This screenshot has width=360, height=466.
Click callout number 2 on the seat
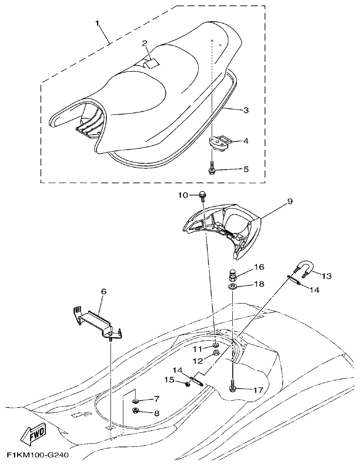tap(144, 43)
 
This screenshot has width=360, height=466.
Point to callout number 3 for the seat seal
tap(246, 110)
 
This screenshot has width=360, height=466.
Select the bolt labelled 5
tap(212, 169)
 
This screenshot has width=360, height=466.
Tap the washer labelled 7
tap(135, 401)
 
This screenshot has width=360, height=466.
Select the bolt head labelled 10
tap(202, 195)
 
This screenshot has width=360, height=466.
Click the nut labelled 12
tap(216, 353)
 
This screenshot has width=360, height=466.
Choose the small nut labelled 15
tap(187, 384)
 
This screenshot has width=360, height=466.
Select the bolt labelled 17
tap(232, 388)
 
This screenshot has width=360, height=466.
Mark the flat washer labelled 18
tap(232, 287)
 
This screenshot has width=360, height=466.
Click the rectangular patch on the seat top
tap(151, 63)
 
